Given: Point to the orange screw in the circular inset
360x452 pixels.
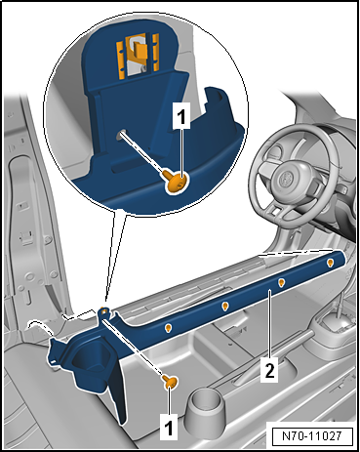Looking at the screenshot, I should click(176, 179).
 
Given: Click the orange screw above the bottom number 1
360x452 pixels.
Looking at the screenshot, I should click(168, 382).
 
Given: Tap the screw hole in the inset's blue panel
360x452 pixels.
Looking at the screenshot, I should click(119, 138).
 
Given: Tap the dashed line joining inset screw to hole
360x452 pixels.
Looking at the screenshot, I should click(146, 157).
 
